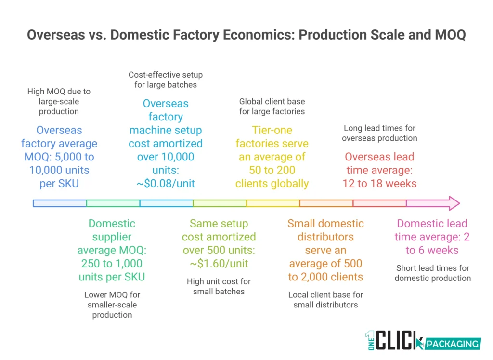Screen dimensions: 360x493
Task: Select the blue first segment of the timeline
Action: [x=60, y=203]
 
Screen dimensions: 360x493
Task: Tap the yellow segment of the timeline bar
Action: [x=272, y=203]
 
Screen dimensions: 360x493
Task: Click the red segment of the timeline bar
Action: [x=379, y=203]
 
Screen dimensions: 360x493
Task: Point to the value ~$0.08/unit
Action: [x=166, y=184]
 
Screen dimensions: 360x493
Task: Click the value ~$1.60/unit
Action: [x=219, y=264]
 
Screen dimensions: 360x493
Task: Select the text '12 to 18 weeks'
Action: [x=379, y=184]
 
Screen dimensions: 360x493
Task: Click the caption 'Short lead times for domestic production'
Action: [x=432, y=273]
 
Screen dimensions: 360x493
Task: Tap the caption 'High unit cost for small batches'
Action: [x=219, y=286]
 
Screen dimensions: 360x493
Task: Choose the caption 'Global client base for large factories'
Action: [x=272, y=107]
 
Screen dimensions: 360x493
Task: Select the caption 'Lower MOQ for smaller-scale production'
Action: [x=112, y=305]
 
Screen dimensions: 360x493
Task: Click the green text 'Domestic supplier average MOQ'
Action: [x=112, y=243]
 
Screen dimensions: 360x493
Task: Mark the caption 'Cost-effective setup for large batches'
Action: [x=166, y=80]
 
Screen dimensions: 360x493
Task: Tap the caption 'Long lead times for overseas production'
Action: [x=379, y=133]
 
